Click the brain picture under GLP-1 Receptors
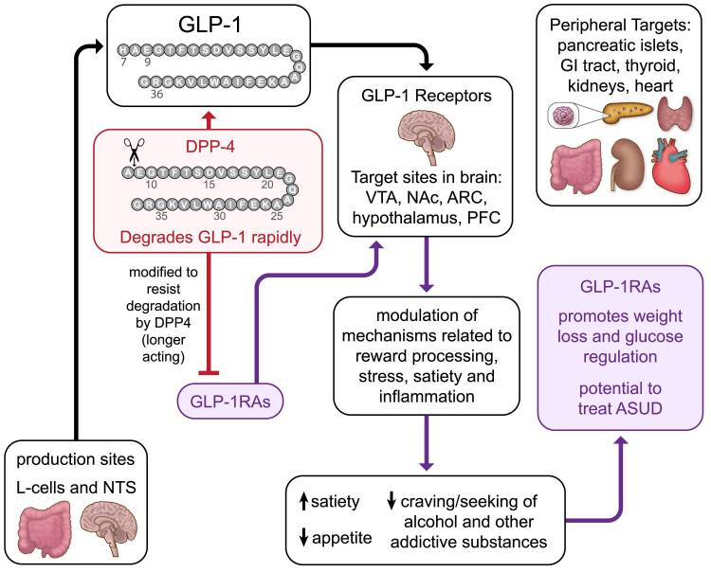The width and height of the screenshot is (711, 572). coord(425,128)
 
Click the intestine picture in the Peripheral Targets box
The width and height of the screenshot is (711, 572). coord(575,163)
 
